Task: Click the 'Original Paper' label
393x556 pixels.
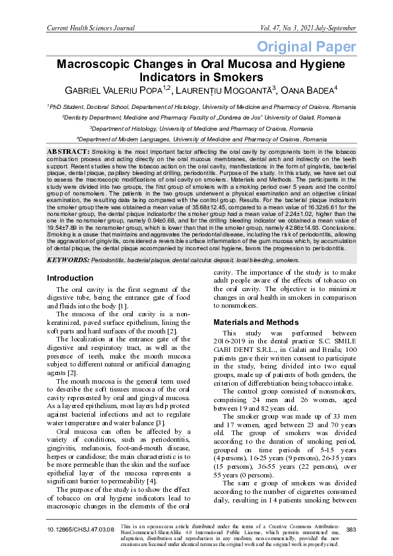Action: tap(305, 46)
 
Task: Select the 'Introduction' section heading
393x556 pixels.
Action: tap(70, 278)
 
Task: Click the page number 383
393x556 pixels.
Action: tap(351, 530)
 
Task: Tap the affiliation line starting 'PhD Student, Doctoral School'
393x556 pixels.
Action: tap(196, 106)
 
